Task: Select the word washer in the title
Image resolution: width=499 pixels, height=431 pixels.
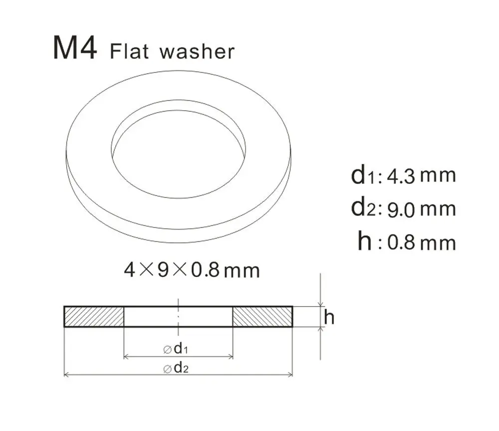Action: tap(197, 51)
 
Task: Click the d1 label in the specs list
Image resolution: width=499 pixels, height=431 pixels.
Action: tap(362, 175)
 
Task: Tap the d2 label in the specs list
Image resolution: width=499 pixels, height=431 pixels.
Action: tap(362, 208)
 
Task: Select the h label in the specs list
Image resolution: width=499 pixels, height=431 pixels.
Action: tap(365, 241)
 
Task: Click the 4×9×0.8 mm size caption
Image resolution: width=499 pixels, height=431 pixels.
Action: tap(192, 270)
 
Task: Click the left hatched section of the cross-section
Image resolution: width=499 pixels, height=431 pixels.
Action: tap(94, 316)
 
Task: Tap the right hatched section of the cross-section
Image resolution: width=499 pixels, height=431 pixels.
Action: tap(262, 316)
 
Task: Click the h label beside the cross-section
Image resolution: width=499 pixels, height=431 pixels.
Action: tap(329, 316)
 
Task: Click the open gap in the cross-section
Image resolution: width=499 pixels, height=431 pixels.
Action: tap(178, 316)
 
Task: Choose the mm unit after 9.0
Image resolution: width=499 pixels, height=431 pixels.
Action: tap(438, 209)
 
